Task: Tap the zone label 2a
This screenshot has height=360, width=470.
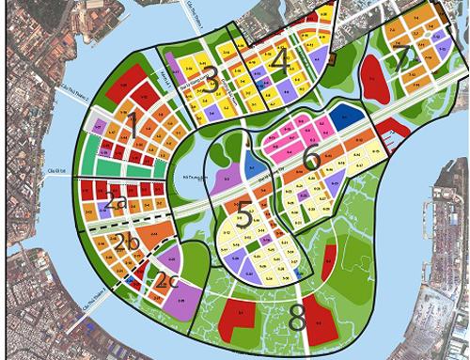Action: (116, 200)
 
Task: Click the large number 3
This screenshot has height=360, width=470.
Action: (211, 82)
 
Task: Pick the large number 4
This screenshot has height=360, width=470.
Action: (275, 58)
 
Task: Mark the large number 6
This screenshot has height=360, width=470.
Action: (311, 160)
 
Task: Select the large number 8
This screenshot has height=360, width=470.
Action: (297, 319)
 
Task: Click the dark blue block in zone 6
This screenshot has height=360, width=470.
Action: (347, 119)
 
